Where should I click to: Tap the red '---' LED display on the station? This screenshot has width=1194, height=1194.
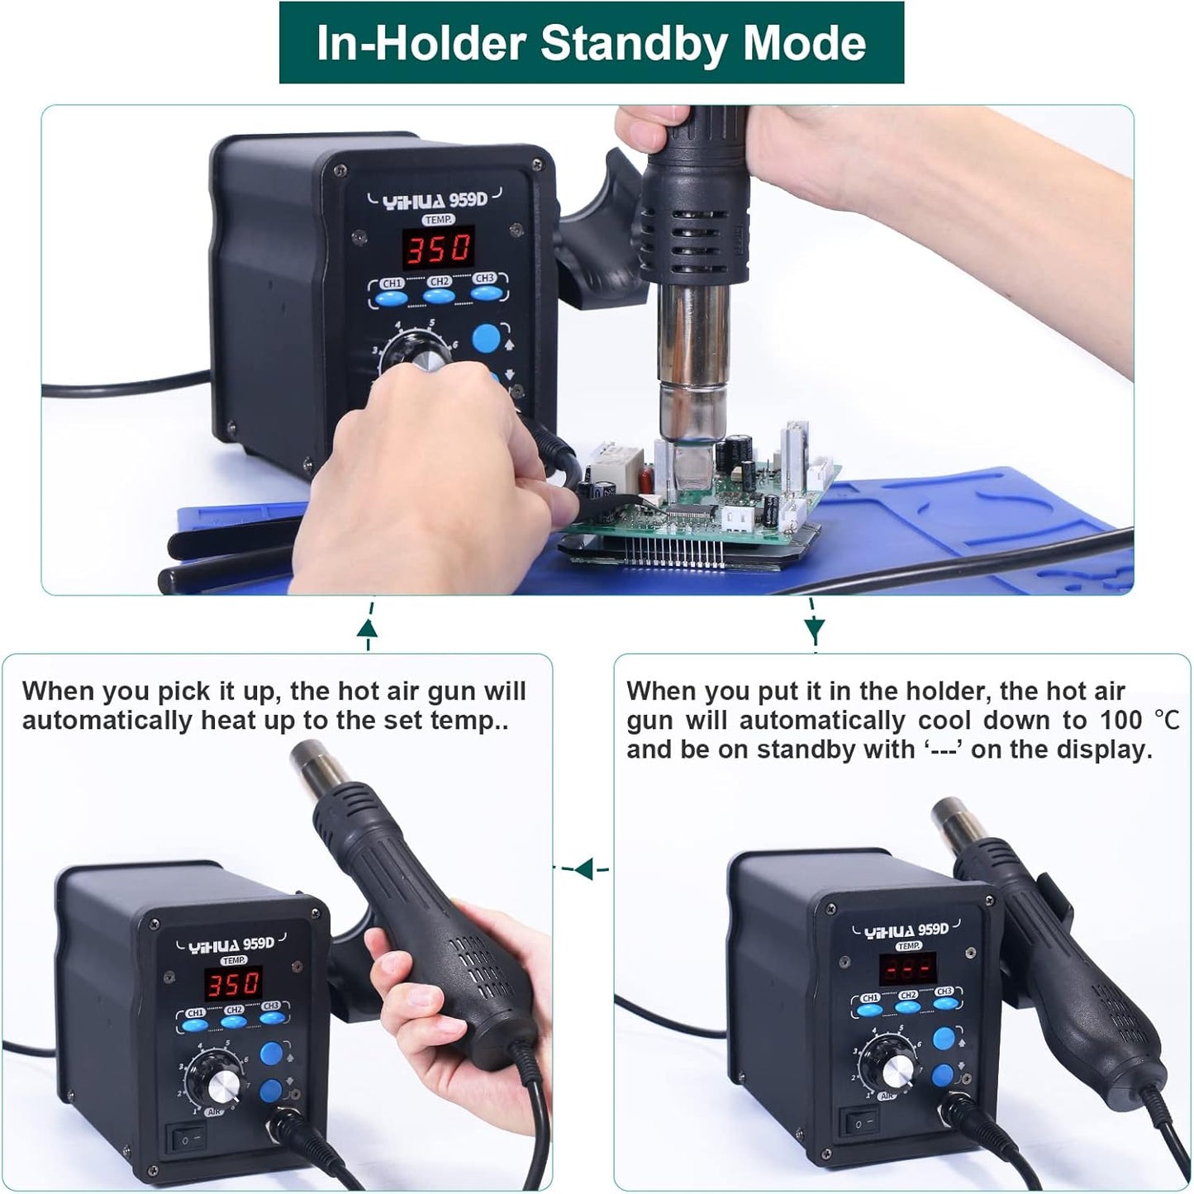point(907,968)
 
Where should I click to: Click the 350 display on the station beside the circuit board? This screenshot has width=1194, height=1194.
point(437,247)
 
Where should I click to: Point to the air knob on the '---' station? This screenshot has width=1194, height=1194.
point(897,1070)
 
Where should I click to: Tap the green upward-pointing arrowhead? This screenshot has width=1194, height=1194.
point(368,630)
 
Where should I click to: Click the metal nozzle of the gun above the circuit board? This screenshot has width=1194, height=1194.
point(692,355)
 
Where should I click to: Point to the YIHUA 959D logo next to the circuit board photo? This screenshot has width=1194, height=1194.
point(435,199)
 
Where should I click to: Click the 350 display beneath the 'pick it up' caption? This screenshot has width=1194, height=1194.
point(234,984)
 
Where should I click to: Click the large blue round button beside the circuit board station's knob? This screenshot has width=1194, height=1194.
point(486,338)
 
